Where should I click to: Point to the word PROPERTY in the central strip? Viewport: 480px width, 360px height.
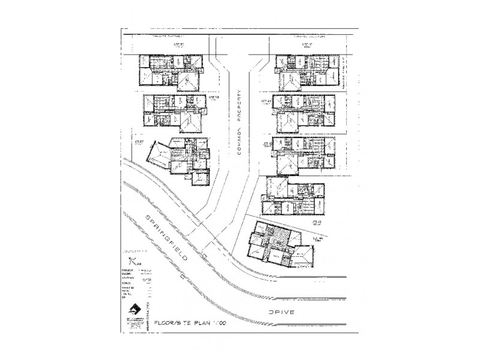tap(238, 108)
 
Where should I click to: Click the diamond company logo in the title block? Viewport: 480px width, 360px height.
tap(134, 310)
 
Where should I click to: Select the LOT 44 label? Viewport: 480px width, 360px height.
tap(316, 222)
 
